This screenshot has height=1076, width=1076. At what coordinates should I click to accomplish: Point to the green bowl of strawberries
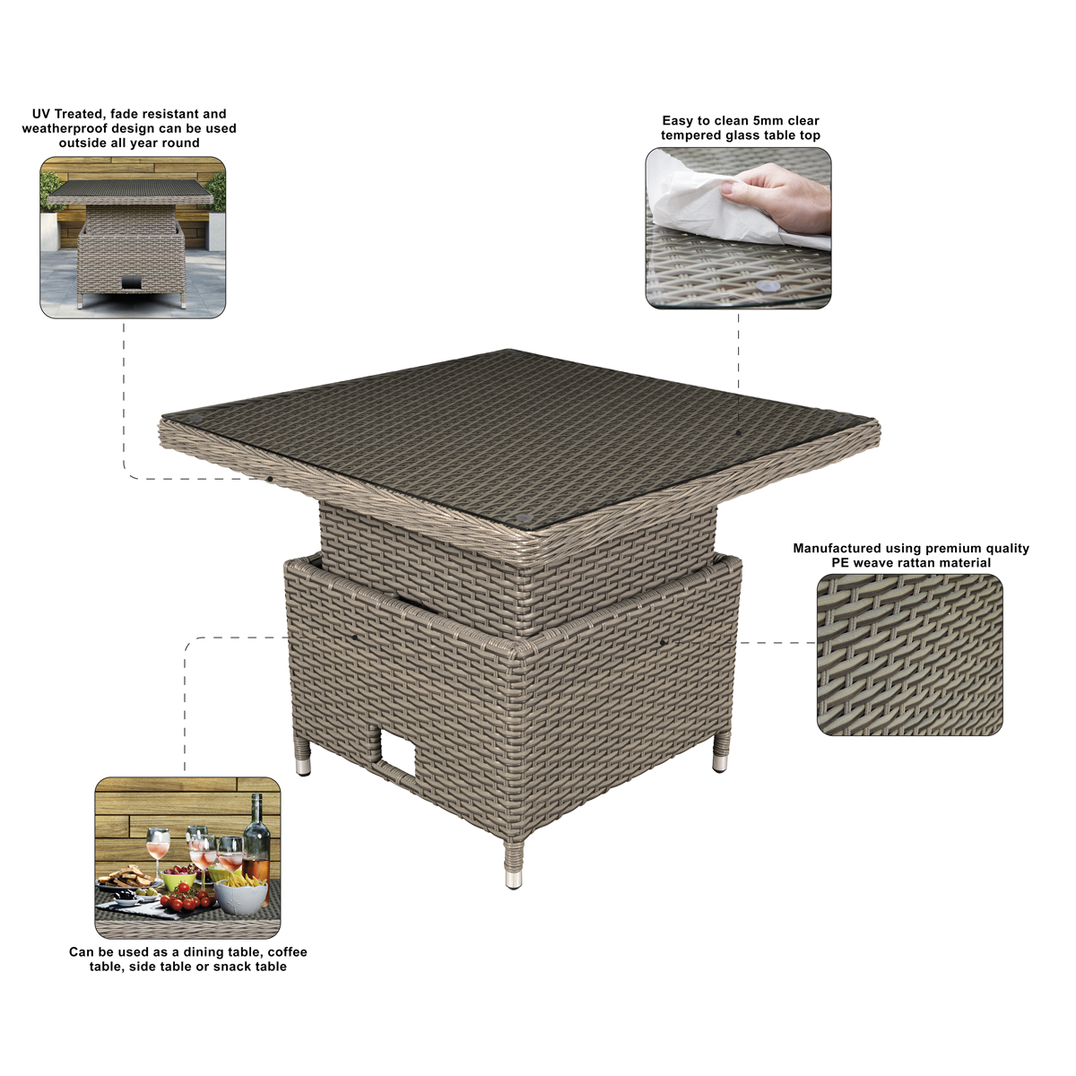(x=178, y=878)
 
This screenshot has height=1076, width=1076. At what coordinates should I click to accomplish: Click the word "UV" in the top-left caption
(x=40, y=114)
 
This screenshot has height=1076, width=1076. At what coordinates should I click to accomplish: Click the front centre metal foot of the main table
(x=513, y=880)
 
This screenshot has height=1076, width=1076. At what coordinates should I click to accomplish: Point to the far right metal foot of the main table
(x=720, y=763)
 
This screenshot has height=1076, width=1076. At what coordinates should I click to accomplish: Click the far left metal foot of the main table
(x=303, y=766)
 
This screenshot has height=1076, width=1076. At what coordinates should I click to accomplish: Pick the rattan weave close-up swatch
(x=909, y=655)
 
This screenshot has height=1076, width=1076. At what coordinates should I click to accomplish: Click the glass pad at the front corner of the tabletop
(x=523, y=517)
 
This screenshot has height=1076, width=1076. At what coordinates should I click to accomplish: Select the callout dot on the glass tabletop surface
(x=738, y=432)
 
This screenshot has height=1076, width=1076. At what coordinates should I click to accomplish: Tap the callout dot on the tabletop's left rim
(x=270, y=479)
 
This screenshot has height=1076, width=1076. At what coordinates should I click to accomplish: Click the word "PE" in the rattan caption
(x=841, y=563)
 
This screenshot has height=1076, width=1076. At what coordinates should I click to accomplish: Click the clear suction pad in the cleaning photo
(x=768, y=286)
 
